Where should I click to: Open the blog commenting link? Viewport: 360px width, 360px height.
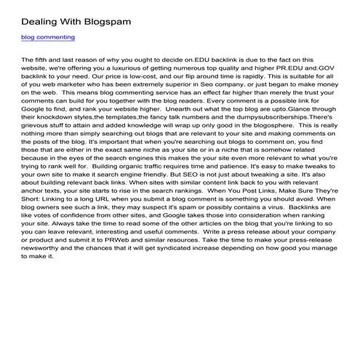[48, 37]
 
